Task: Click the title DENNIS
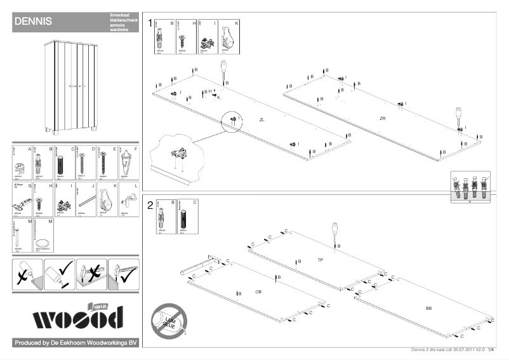(x=32, y=22)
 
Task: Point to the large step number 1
(x=150, y=23)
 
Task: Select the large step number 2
(x=150, y=204)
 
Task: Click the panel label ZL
(x=262, y=119)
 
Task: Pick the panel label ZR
(x=382, y=119)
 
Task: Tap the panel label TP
(x=321, y=260)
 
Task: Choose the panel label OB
(x=258, y=291)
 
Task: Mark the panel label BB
(x=429, y=308)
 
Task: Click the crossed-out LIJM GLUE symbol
(x=169, y=319)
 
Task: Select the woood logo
(x=77, y=316)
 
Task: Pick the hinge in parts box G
(x=20, y=204)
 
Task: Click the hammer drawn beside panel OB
(x=200, y=265)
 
